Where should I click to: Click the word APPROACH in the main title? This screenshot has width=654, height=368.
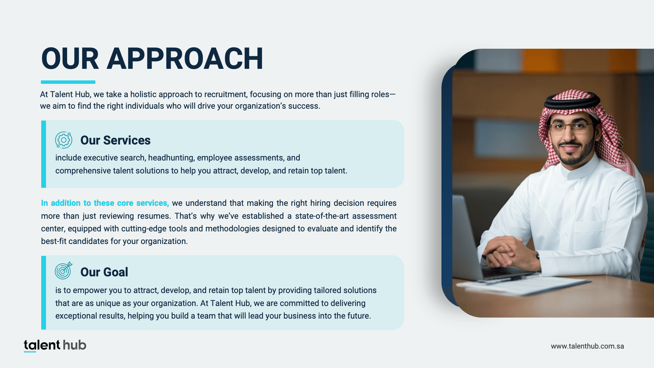(185, 59)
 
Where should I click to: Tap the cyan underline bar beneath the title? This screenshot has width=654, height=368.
(68, 82)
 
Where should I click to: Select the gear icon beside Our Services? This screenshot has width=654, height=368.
(64, 140)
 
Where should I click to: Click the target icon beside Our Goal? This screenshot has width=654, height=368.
(64, 271)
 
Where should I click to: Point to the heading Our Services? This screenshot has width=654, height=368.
(115, 140)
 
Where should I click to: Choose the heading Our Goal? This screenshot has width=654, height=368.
(104, 272)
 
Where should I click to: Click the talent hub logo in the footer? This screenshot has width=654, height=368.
(55, 346)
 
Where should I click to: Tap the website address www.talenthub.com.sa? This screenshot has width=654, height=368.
(588, 346)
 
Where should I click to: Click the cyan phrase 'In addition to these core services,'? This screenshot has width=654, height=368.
(105, 203)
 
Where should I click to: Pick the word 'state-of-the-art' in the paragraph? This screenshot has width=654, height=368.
(322, 216)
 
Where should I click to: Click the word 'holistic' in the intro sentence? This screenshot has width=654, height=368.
(143, 94)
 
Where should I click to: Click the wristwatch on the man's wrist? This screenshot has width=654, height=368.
(537, 256)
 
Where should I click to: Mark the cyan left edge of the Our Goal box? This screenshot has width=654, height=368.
(44, 293)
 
